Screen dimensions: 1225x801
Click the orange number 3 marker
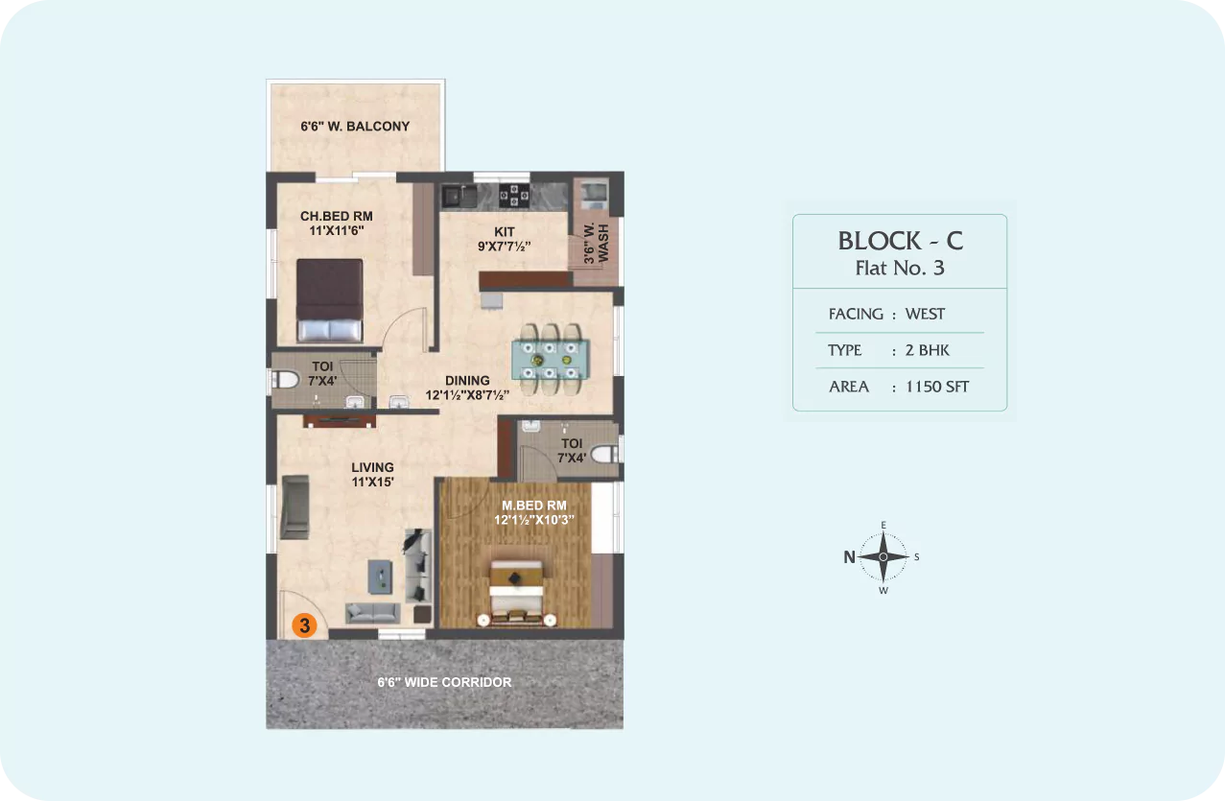[305, 625]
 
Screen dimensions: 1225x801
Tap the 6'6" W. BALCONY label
[355, 127]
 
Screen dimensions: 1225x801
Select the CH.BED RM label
[337, 216]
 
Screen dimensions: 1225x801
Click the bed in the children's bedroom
[329, 300]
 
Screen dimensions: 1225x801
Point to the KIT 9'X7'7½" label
[505, 239]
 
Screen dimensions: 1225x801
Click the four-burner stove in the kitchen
[514, 195]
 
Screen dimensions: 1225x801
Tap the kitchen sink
[459, 197]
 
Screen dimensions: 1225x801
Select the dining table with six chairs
[550, 359]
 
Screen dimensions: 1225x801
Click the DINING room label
[467, 381]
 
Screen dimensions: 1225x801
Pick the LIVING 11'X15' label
[372, 475]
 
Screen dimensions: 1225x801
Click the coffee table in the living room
[380, 577]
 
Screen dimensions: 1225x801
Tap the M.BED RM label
[534, 506]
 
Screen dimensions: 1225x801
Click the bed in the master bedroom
[517, 593]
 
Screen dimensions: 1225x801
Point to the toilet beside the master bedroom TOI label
[604, 454]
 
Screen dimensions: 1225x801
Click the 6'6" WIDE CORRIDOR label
[444, 682]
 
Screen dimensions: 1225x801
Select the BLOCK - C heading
[900, 241]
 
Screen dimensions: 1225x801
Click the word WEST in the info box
[925, 314]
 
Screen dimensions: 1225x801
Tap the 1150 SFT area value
[937, 387]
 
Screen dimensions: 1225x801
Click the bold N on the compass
[849, 557]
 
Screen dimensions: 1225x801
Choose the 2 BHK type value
[928, 350]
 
